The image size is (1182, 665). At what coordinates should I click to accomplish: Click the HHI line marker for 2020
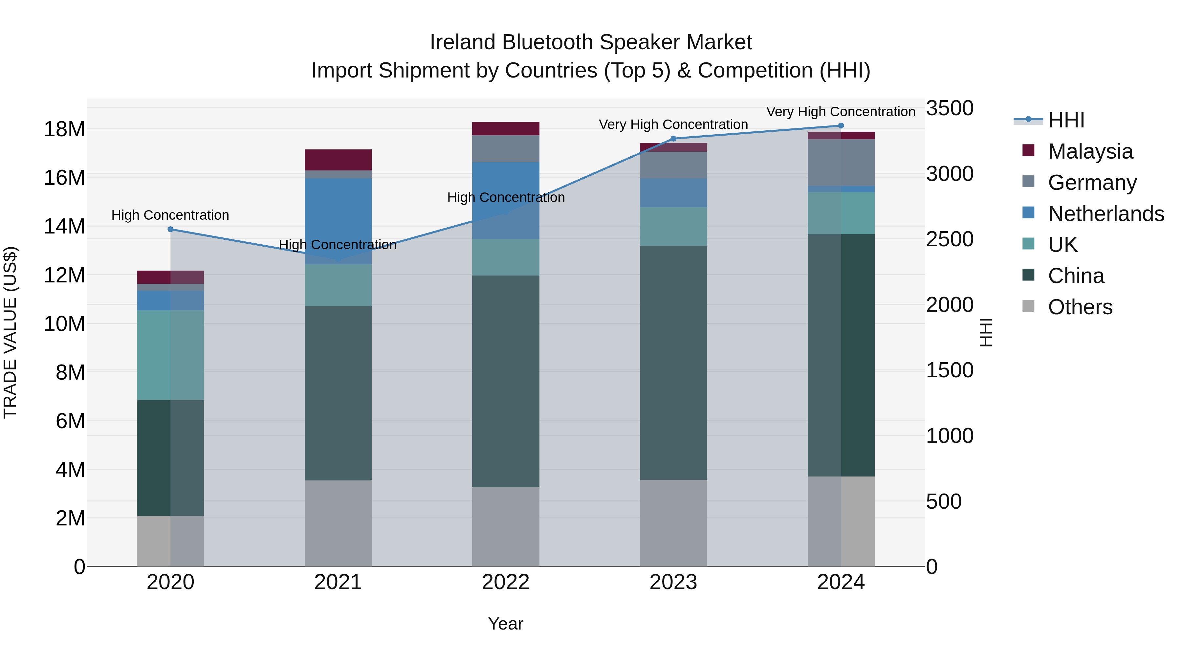(x=170, y=229)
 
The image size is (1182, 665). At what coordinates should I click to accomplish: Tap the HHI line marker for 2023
(x=673, y=139)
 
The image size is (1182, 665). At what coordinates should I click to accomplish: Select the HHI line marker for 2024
(x=841, y=126)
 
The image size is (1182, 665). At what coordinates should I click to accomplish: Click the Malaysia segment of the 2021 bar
(x=338, y=160)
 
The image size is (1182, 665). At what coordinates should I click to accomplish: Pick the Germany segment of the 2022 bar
(x=506, y=149)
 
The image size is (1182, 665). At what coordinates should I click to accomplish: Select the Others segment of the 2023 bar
(x=673, y=523)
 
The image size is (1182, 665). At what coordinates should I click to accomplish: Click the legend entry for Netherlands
(x=1106, y=214)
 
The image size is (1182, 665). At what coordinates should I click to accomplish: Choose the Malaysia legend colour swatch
(x=1028, y=150)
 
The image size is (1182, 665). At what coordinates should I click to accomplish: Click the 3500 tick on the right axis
(x=949, y=108)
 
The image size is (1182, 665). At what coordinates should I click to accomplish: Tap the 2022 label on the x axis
(x=506, y=582)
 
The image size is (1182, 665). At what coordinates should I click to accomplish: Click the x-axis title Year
(x=506, y=624)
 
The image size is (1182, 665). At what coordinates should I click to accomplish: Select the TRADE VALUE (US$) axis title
(x=10, y=332)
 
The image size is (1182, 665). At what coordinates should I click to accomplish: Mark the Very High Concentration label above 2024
(x=841, y=112)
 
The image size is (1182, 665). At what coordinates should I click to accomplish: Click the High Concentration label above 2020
(x=170, y=215)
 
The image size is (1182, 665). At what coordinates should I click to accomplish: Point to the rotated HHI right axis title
(x=986, y=332)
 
